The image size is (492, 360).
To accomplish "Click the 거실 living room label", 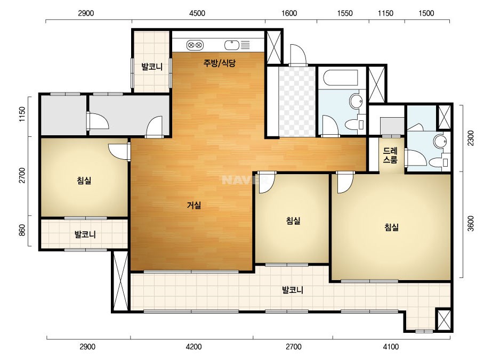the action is [194, 206].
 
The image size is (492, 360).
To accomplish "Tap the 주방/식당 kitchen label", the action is [219, 63].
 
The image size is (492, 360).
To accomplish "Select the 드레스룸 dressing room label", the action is [390, 155].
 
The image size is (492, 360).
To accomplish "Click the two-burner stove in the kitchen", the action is [195, 45].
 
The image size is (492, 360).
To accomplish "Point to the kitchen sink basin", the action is [232, 45].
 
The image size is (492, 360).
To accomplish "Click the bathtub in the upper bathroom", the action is [341, 78].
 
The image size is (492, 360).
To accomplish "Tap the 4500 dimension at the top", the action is [197, 13].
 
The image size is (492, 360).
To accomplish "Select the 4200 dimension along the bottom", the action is [193, 347].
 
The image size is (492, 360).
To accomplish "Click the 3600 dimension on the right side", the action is [471, 224].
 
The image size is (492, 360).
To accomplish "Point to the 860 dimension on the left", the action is [22, 231].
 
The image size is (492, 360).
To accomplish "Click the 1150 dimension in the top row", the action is [385, 13].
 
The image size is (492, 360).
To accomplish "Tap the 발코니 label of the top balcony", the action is [152, 67].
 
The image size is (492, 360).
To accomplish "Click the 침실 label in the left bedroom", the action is [84, 181].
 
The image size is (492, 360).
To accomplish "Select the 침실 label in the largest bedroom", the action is [391, 227].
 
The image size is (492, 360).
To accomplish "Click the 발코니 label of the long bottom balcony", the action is [293, 290].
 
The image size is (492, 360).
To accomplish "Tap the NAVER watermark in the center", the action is [245, 180].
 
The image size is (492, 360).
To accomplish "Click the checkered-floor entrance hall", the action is [297, 101].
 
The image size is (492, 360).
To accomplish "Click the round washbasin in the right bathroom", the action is [440, 141].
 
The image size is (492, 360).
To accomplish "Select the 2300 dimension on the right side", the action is [471, 138].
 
